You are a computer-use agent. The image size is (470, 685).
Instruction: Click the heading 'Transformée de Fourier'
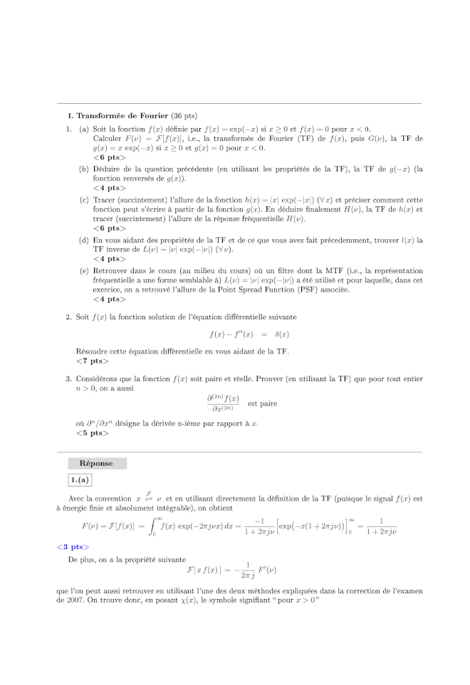[122, 115]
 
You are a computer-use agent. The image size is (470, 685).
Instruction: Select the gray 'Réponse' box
[96, 463]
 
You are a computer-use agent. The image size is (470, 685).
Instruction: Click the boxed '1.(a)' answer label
[79, 481]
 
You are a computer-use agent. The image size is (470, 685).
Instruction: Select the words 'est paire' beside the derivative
[262, 403]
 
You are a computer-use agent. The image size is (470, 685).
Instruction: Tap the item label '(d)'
[84, 240]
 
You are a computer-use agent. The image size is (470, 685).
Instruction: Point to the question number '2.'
[68, 316]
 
